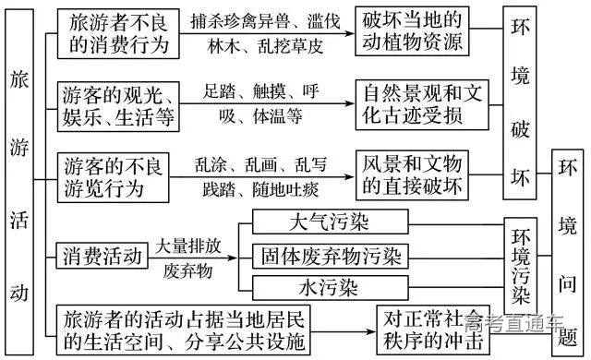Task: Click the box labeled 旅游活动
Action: pyautogui.click(x=18, y=180)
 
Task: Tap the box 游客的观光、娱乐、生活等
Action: pyautogui.click(x=118, y=106)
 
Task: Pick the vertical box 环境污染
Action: pyautogui.click(x=521, y=264)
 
